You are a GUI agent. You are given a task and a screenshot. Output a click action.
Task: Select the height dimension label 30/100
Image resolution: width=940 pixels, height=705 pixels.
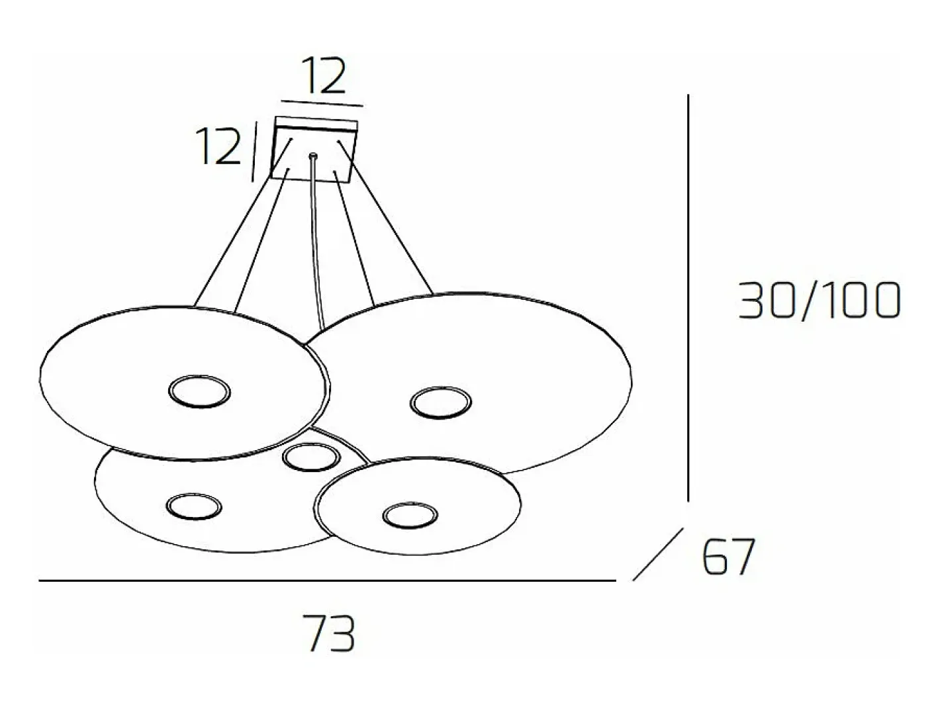coord(820,300)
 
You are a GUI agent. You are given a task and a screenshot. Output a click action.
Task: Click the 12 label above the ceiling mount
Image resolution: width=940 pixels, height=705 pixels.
coord(323,75)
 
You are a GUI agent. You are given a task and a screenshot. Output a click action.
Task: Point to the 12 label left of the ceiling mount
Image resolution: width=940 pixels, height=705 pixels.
coord(218,146)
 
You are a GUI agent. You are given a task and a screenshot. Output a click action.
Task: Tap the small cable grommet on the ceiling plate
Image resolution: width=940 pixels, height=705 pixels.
coord(314,156)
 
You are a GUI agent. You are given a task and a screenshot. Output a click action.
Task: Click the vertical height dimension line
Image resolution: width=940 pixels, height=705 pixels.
coord(688,297)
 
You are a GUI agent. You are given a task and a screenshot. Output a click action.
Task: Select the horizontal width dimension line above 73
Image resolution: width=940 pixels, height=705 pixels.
coord(327,581)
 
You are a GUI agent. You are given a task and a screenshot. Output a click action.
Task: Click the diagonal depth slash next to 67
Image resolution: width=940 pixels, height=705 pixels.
coord(658,554)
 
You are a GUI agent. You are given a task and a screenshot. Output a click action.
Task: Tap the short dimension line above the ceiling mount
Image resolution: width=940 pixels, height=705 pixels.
coord(322,103)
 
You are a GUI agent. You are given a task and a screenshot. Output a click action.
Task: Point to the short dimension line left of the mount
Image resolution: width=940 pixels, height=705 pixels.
coord(254,151)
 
